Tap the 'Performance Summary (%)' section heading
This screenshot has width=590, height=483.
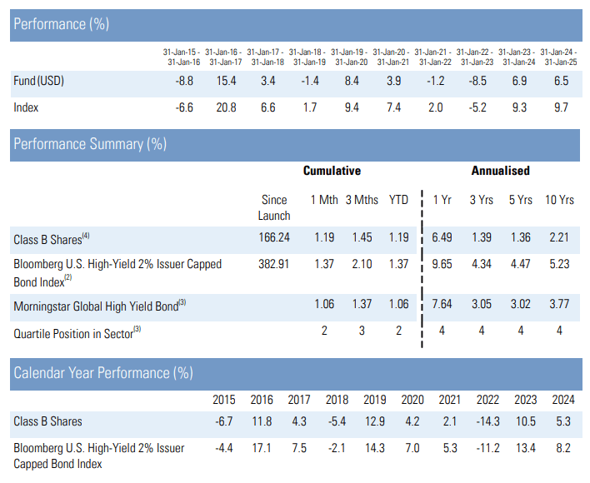90,144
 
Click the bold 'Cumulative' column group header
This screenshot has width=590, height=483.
332,171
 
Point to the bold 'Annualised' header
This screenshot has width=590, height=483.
500,171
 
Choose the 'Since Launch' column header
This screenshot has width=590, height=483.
274,207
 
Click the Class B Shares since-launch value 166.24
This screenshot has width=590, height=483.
274,238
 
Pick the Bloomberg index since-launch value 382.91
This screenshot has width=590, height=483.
274,264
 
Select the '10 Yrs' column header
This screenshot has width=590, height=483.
559,200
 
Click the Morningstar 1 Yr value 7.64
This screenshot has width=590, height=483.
442,306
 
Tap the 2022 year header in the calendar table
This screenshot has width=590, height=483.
484,400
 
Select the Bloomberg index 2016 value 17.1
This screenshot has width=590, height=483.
262,448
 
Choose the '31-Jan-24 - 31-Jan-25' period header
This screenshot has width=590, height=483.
559,57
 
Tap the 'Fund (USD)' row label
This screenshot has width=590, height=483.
38,82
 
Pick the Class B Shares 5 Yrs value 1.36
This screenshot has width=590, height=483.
521,238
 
